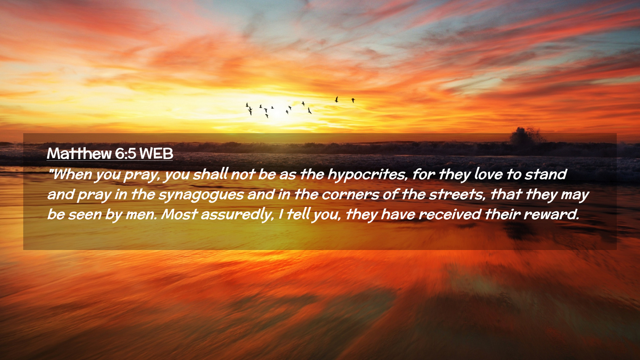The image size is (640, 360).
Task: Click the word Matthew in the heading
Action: pyautogui.click(x=79, y=154)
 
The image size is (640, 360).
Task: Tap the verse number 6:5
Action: pyautogui.click(x=125, y=154)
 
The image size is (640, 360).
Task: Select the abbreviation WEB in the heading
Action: pyautogui.click(x=156, y=154)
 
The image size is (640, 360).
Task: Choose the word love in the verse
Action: pyautogui.click(x=488, y=174)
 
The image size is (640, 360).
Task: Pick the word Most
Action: pyautogui.click(x=179, y=214)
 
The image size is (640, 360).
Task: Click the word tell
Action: pyautogui.click(x=299, y=214)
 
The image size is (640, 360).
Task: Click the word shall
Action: pyautogui.click(x=211, y=174)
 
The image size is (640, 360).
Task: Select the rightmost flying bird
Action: pyautogui.click(x=353, y=100)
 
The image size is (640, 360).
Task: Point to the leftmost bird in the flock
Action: pyautogui.click(x=247, y=105)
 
